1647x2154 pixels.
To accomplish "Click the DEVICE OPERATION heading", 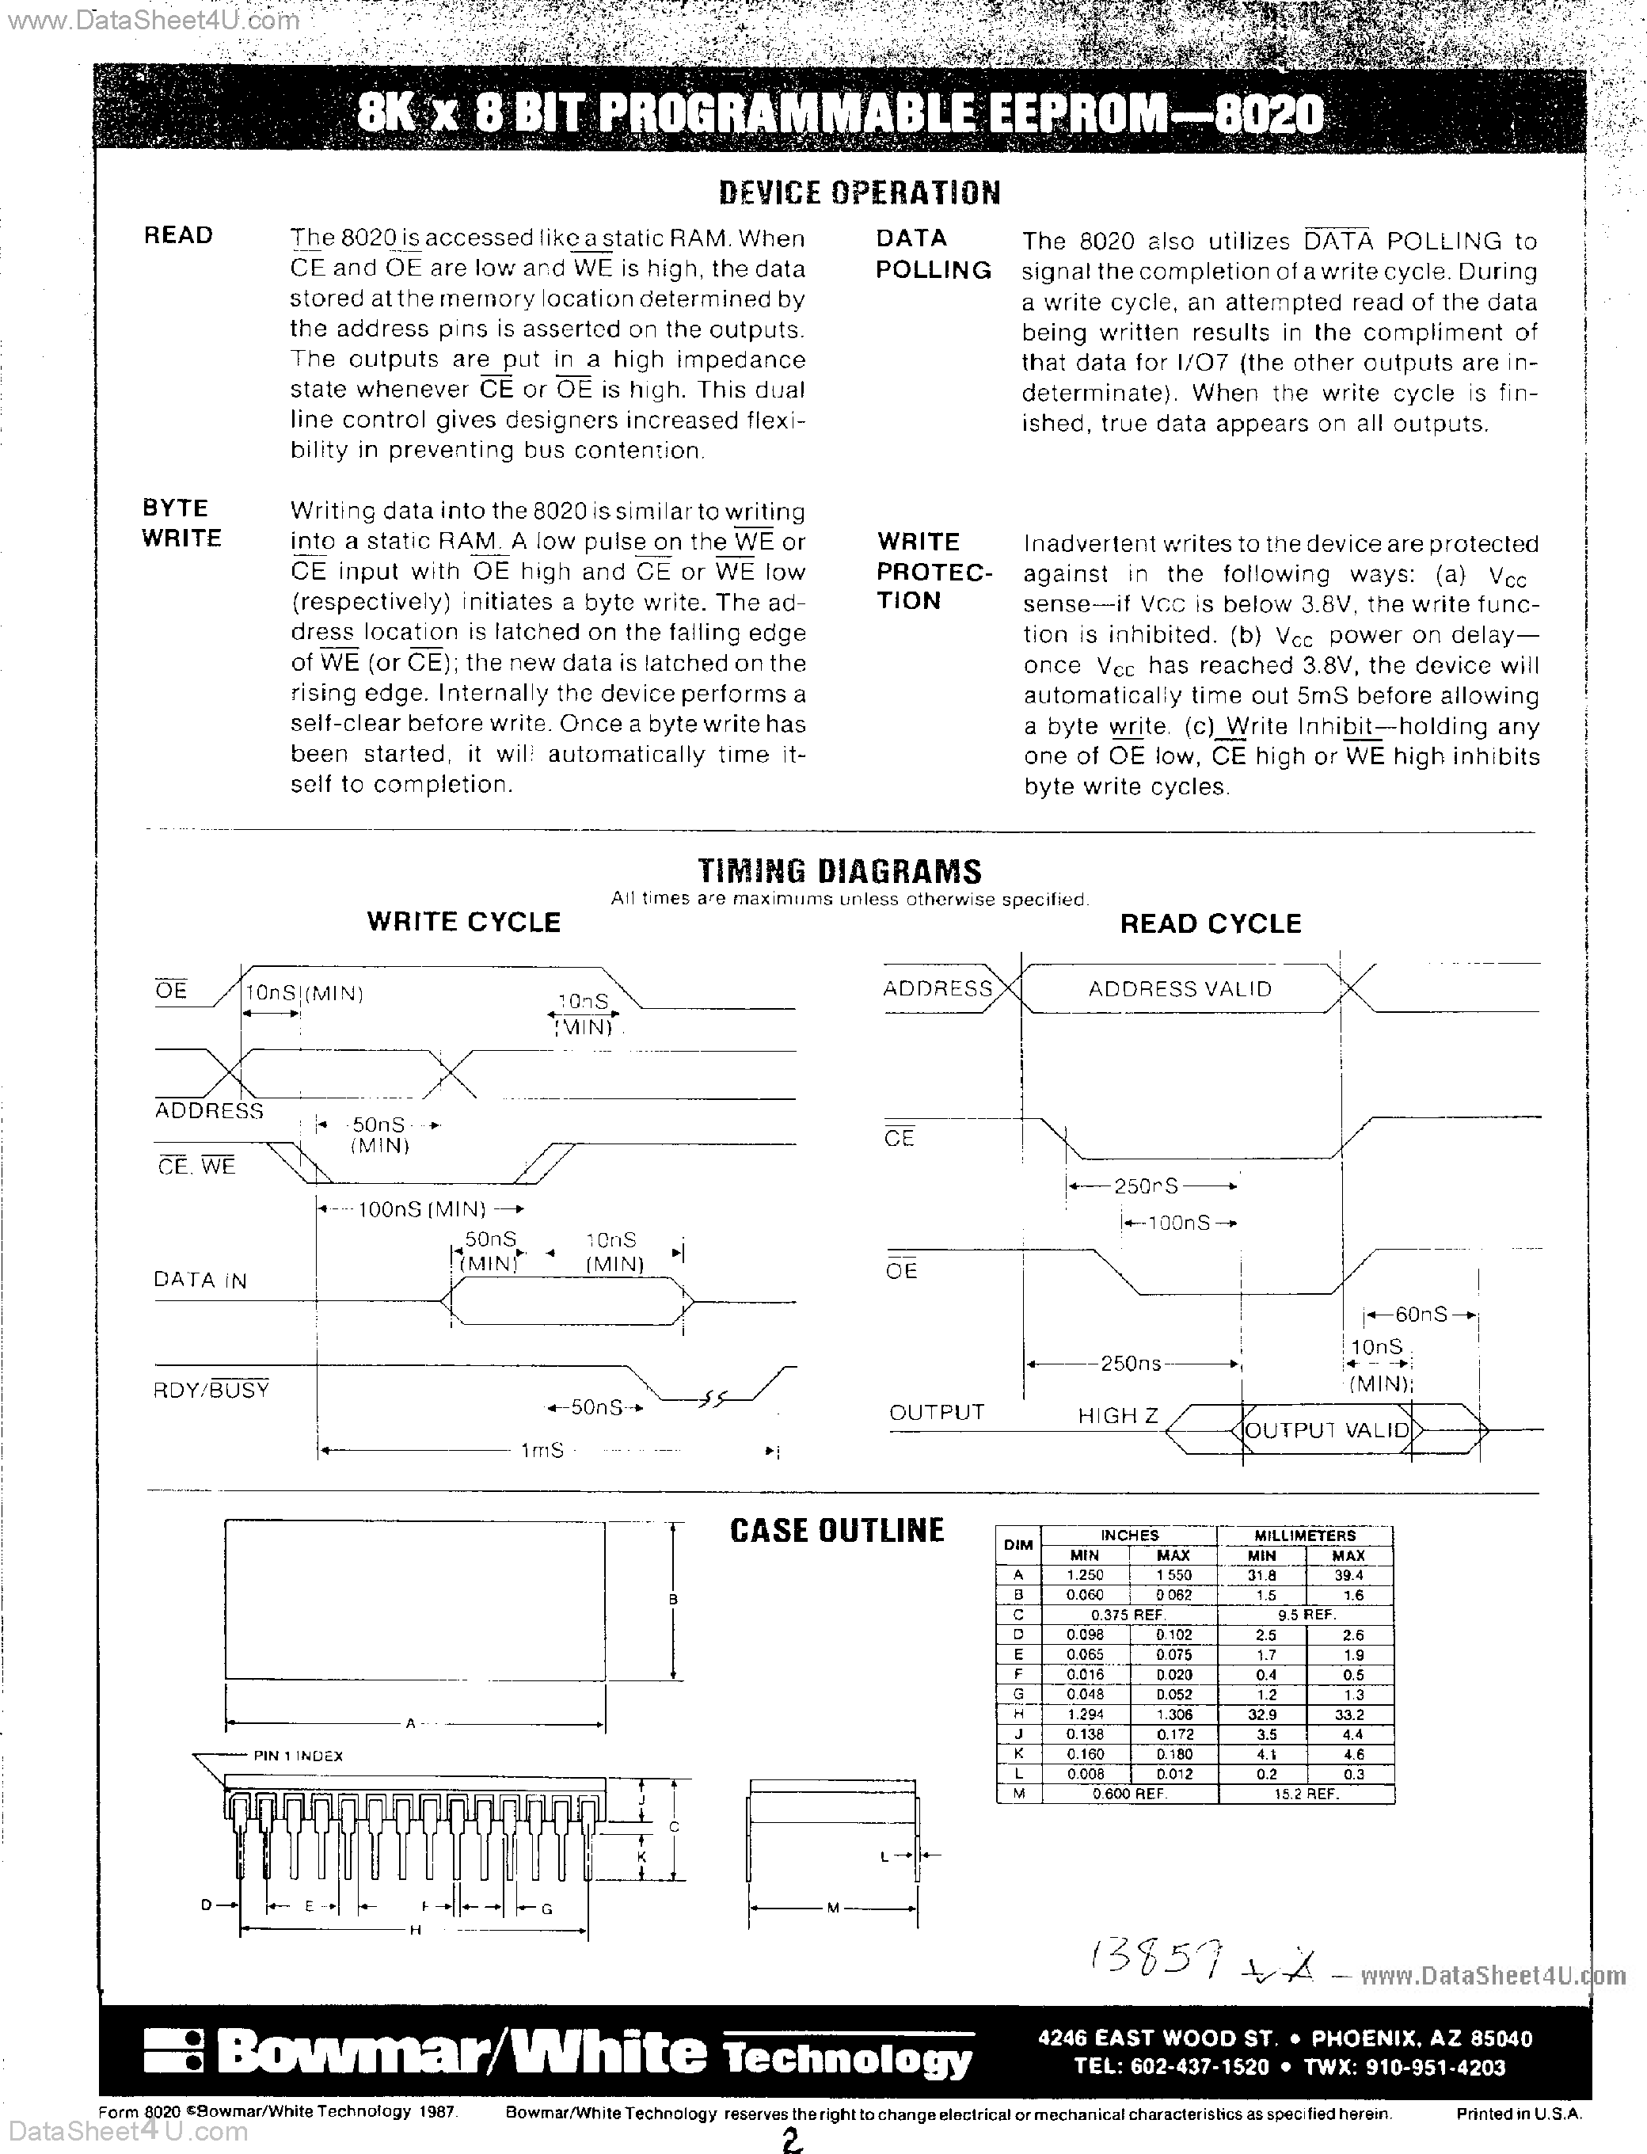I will point(859,192).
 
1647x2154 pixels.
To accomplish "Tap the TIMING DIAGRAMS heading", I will point(839,870).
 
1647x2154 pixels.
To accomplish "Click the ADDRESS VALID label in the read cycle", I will point(1179,989).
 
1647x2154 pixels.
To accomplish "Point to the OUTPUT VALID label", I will point(1326,1430).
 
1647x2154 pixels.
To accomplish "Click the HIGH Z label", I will point(1117,1416).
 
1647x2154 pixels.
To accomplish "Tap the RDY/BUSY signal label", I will point(211,1391).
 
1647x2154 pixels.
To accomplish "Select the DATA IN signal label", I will point(200,1281).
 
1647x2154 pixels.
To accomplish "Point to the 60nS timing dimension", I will point(1421,1315).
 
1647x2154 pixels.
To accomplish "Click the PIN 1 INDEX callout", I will point(298,1756).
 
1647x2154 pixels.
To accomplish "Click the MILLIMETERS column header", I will point(1305,1536).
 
